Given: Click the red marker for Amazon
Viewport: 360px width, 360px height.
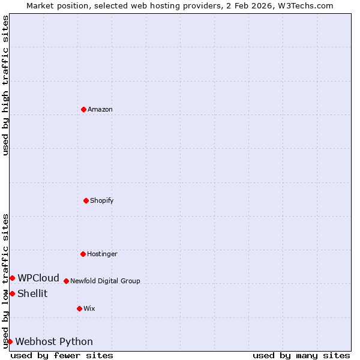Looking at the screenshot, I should [x=83, y=109].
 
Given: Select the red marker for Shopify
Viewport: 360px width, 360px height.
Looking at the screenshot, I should [x=86, y=200].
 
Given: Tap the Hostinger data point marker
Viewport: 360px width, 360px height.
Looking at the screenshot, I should [x=83, y=254].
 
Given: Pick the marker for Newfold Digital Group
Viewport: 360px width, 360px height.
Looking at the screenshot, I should [x=66, y=281].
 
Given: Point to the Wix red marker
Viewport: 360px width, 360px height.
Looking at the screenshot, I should [x=79, y=308].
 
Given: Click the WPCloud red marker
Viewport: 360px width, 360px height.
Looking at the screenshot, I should [x=12, y=278].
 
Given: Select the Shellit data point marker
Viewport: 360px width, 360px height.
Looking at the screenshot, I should [x=12, y=293].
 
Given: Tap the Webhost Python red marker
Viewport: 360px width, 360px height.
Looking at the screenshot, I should [x=10, y=341].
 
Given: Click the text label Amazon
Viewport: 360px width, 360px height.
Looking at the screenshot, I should [x=100, y=109].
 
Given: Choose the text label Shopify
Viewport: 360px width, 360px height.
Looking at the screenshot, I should [x=102, y=200].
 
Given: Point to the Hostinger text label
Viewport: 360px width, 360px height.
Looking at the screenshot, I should [x=102, y=254].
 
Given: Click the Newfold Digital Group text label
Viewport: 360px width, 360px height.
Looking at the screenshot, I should [x=105, y=281].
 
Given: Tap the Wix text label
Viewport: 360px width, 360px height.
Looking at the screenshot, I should [x=89, y=308].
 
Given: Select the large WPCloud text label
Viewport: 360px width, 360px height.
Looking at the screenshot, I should [x=38, y=278].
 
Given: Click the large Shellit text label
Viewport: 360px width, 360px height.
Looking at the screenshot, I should [x=32, y=293].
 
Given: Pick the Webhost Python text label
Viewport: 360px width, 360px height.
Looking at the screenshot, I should [x=54, y=341].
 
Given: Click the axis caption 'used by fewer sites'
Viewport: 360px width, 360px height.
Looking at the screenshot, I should [x=62, y=355].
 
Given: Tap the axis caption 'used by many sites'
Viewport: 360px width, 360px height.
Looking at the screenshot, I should [x=301, y=355].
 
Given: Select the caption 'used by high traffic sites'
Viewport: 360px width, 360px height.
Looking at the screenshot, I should [x=5, y=85].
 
